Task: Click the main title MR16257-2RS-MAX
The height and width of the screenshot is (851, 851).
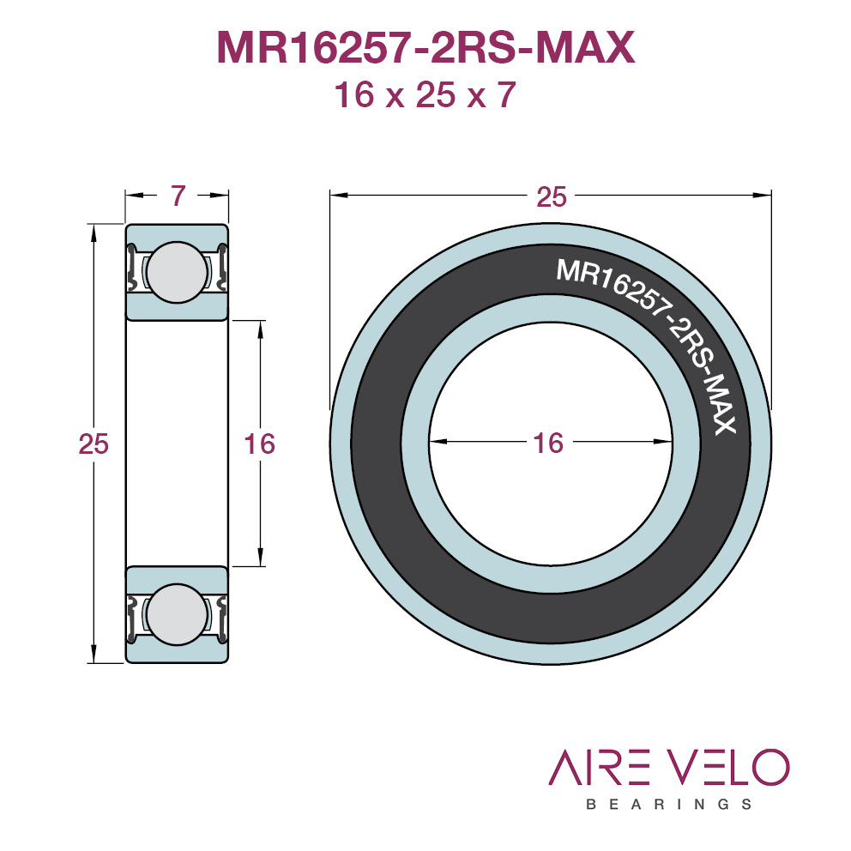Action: click(425, 48)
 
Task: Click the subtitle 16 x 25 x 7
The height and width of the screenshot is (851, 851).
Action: click(425, 94)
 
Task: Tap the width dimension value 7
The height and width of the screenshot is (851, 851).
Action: click(178, 196)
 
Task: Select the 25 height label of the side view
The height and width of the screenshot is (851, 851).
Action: click(94, 444)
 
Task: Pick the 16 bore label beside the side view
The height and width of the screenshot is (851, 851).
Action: click(259, 444)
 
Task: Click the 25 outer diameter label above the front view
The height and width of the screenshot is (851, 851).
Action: click(552, 196)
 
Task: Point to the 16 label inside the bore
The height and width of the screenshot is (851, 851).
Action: click(548, 443)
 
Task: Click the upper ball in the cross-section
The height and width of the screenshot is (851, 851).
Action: click(177, 272)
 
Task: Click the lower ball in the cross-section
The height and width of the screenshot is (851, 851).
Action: click(177, 614)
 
